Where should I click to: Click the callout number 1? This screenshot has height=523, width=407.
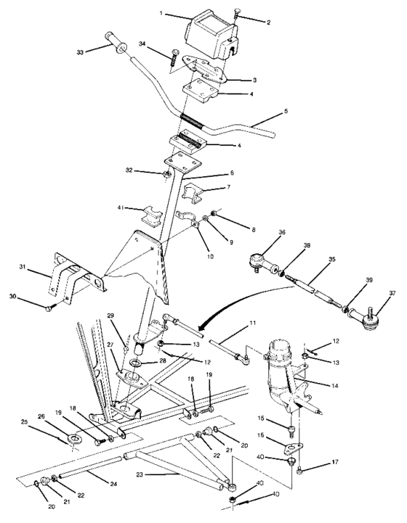pyautogui.click(x=166, y=14)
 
